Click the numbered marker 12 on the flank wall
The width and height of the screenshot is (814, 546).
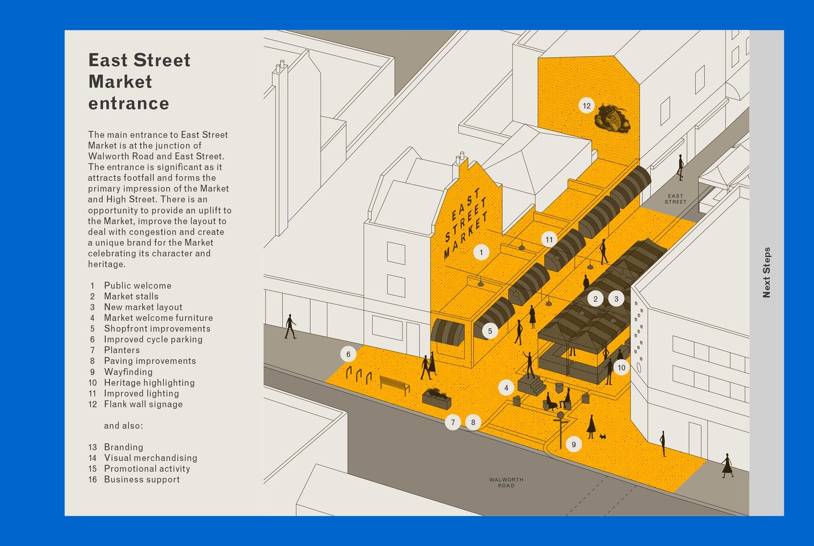pyautogui.click(x=586, y=106)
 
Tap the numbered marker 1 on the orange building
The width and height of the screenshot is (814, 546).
pyautogui.click(x=481, y=252)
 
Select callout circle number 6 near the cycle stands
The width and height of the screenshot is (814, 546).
pyautogui.click(x=348, y=354)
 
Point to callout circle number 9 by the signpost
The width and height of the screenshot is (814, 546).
pyautogui.click(x=574, y=445)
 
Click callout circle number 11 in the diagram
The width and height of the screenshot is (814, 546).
pyautogui.click(x=549, y=239)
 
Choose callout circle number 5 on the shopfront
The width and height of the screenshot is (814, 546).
pyautogui.click(x=490, y=331)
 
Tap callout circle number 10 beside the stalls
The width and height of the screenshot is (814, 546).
pyautogui.click(x=621, y=367)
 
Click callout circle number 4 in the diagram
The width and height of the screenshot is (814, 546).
pyautogui.click(x=506, y=388)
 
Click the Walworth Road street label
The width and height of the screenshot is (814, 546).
pyautogui.click(x=506, y=482)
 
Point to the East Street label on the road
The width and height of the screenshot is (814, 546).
pyautogui.click(x=676, y=199)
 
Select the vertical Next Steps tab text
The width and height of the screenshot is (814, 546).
pyautogui.click(x=766, y=272)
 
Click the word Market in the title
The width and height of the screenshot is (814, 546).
pyautogui.click(x=120, y=82)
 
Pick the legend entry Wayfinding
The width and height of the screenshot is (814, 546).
pyautogui.click(x=128, y=372)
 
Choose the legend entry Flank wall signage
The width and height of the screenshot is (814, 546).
pyautogui.click(x=143, y=404)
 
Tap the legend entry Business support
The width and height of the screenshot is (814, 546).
pyautogui.click(x=142, y=479)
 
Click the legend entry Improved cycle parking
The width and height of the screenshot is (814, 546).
pyautogui.click(x=153, y=339)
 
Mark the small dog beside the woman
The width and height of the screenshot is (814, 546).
pyautogui.click(x=602, y=436)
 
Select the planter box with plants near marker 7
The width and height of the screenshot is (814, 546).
pyautogui.click(x=437, y=398)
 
